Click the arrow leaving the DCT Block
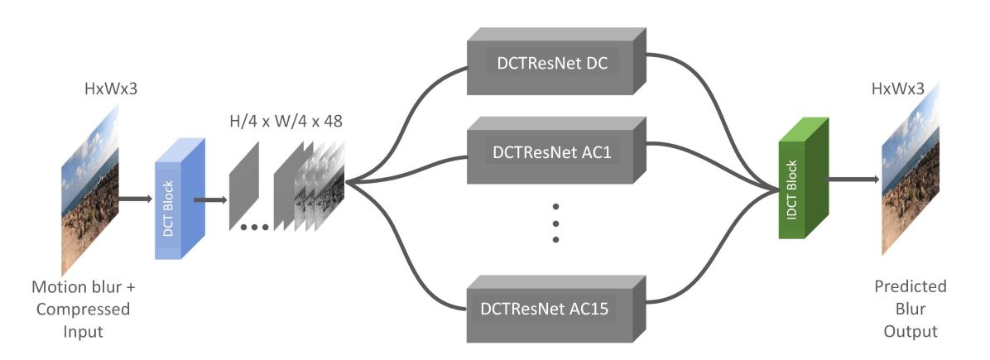209,199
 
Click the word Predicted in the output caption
910,289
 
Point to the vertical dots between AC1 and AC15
555,222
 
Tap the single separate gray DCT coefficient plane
244,186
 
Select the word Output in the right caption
910,331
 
